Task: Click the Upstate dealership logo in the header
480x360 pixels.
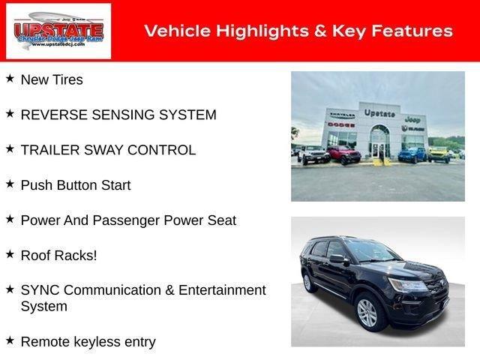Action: pyautogui.click(x=58, y=31)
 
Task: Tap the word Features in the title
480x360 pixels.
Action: pyautogui.click(x=412, y=31)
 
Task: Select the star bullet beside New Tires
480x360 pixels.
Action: pyautogui.click(x=10, y=78)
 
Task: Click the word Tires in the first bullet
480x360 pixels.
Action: pyautogui.click(x=67, y=79)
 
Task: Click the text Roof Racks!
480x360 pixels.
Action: pyautogui.click(x=58, y=255)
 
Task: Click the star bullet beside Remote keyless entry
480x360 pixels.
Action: pyautogui.click(x=10, y=340)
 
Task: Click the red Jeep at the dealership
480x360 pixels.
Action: pyautogui.click(x=343, y=154)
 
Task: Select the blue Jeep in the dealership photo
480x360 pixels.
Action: pyautogui.click(x=412, y=154)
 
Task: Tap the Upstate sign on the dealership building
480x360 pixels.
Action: pyautogui.click(x=379, y=113)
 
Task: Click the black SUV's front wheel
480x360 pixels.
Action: pyautogui.click(x=367, y=311)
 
